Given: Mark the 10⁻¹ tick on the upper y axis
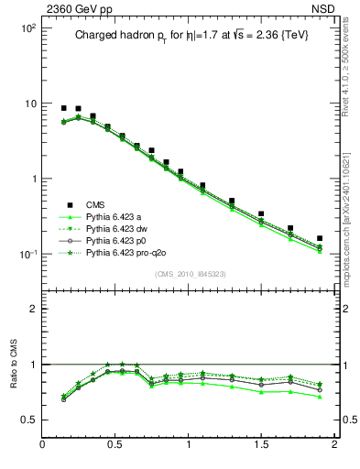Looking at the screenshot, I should [x=28, y=254].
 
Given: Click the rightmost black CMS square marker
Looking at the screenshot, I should [x=320, y=238].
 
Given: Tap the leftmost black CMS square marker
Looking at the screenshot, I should [x=63, y=108].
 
